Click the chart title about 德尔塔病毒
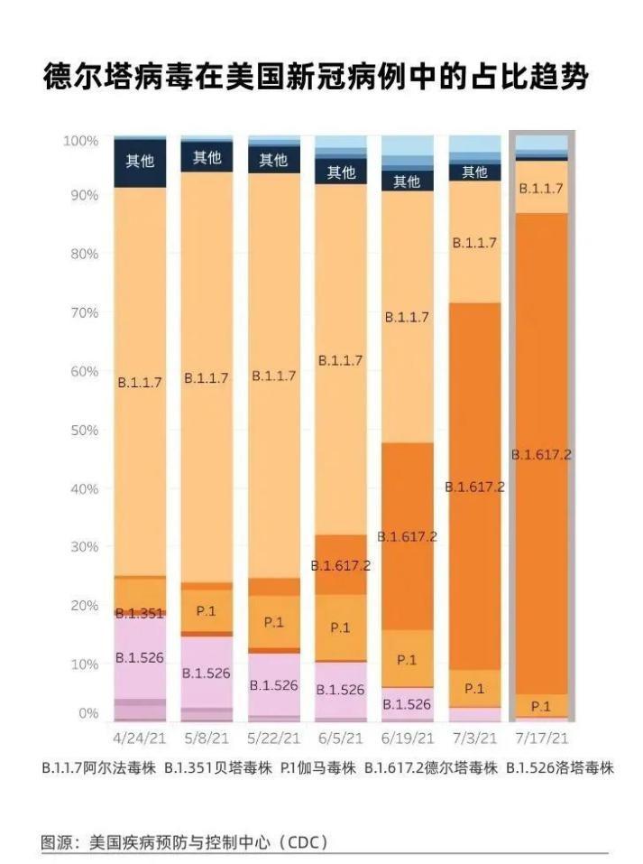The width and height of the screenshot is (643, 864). pos(316,78)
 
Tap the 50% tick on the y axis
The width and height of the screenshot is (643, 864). pos(81,430)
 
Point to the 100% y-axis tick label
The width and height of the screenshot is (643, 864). pos(79,141)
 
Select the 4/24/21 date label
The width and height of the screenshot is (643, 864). pos(140,738)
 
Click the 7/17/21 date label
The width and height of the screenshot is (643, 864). pos(540,738)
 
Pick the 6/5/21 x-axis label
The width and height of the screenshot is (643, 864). pos(341,738)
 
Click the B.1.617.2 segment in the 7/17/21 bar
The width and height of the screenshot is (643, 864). pos(541,454)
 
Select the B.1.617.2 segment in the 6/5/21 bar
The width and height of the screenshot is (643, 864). pos(341,565)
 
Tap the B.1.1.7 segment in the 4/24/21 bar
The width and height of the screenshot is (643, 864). pos(140,381)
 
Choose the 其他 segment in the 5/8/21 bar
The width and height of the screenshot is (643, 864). pos(207,158)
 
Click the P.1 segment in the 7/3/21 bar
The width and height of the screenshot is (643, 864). pos(474,688)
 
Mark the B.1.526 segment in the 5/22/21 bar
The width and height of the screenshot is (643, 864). pos(273,685)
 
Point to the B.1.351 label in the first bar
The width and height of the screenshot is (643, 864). pos(140,613)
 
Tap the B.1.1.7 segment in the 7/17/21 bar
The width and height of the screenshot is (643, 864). pos(541,189)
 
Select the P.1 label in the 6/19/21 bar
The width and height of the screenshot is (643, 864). pos(408,660)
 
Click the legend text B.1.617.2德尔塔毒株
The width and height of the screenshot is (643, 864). pos(431,769)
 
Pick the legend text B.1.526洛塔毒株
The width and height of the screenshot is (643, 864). pos(559,769)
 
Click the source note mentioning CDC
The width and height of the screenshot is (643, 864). pos(185,842)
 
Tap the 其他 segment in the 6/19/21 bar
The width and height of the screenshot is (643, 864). pos(408,181)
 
